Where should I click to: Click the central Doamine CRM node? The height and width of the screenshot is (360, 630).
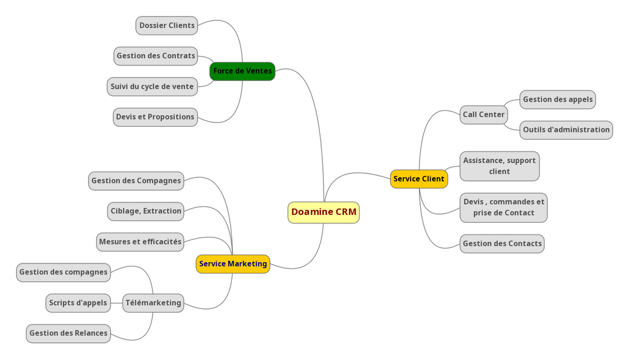pos(323,212)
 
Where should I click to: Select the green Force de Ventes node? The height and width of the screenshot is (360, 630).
pos(242,71)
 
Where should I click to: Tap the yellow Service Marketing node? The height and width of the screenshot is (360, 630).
pos(233,264)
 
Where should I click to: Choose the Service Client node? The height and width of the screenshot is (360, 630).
pos(418,179)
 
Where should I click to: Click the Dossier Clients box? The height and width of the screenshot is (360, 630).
pos(167,26)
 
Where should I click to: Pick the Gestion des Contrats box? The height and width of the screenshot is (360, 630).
pos(156,56)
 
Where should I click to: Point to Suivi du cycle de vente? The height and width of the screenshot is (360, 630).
pos(152,87)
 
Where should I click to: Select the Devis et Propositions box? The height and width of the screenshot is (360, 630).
pos(155,117)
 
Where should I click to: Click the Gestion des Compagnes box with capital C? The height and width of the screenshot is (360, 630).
pos(136,181)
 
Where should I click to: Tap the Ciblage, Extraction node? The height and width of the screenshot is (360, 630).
pos(146,211)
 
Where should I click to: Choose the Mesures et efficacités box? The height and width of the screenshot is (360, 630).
pos(140,242)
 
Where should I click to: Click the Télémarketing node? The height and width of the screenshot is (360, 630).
pos(153,303)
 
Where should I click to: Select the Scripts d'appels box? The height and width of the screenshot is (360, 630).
pos(78,303)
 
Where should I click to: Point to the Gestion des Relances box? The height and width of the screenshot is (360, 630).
pos(68,334)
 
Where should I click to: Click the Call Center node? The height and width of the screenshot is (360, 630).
pos(484,114)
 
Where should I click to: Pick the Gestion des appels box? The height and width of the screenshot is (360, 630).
pos(557,100)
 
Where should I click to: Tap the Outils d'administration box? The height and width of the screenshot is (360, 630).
pos(565,130)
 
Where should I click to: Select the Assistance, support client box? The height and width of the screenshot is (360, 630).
pos(499,166)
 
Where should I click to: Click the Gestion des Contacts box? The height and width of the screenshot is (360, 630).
pos(502,244)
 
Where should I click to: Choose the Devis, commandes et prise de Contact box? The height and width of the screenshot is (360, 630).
pos(503,207)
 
